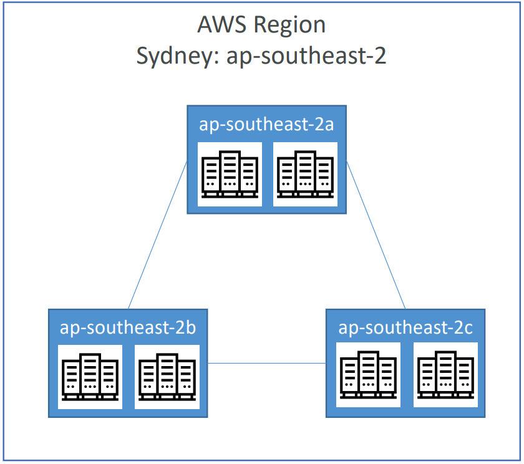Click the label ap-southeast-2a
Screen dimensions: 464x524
[267, 124]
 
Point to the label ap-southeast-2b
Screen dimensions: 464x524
[129, 327]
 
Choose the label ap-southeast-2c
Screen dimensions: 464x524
[405, 327]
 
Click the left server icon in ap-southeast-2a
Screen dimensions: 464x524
[230, 174]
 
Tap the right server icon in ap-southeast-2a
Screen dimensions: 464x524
[306, 174]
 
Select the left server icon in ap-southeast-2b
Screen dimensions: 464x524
[90, 377]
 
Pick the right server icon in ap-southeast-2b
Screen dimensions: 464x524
[167, 377]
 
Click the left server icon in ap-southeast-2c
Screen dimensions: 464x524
[368, 375]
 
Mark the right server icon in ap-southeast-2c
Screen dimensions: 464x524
[445, 375]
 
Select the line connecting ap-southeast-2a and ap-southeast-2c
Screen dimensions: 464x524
[376, 236]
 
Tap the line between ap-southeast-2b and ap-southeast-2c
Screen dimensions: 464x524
[267, 364]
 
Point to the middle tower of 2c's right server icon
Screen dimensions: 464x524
[445, 374]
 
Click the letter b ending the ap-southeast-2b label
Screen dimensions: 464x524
[191, 327]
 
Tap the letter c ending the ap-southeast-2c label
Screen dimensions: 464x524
[468, 328]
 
